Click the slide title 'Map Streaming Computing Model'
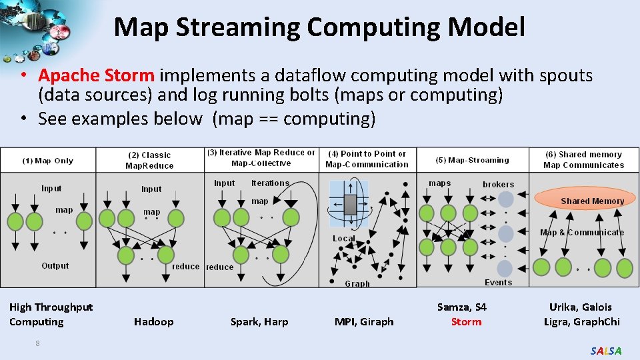[x=319, y=27]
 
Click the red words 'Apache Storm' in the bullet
[x=96, y=76]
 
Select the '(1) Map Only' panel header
[x=48, y=161]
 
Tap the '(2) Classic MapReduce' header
[x=149, y=161]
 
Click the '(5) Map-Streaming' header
[x=472, y=160]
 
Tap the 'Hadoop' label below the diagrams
[x=153, y=322]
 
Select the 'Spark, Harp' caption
[x=259, y=322]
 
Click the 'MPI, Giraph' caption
[x=364, y=322]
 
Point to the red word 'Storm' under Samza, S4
[x=466, y=322]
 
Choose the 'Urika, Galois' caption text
[x=580, y=307]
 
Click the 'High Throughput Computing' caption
[x=51, y=315]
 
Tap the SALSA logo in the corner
[x=606, y=351]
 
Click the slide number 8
[x=38, y=343]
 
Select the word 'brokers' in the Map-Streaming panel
[x=498, y=184]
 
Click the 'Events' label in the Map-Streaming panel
[x=498, y=283]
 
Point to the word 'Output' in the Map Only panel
[x=55, y=265]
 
